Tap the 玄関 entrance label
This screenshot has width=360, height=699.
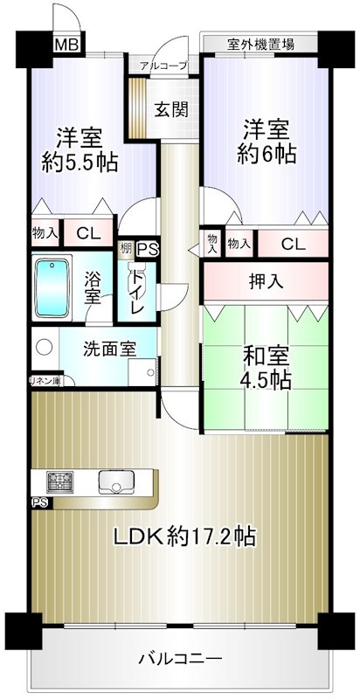click(172, 110)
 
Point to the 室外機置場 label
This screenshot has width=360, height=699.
click(260, 43)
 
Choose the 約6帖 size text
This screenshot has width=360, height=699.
click(267, 154)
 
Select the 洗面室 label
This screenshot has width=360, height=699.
click(109, 349)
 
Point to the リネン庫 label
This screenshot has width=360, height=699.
click(45, 380)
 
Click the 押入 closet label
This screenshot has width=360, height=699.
click(267, 281)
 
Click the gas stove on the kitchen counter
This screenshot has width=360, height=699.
click(59, 481)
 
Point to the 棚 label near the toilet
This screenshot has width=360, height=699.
click(127, 248)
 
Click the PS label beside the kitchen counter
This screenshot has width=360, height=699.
click(40, 502)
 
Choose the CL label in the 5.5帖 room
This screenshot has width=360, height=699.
click(87, 232)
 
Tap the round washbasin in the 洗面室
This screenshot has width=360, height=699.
click(41, 346)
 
